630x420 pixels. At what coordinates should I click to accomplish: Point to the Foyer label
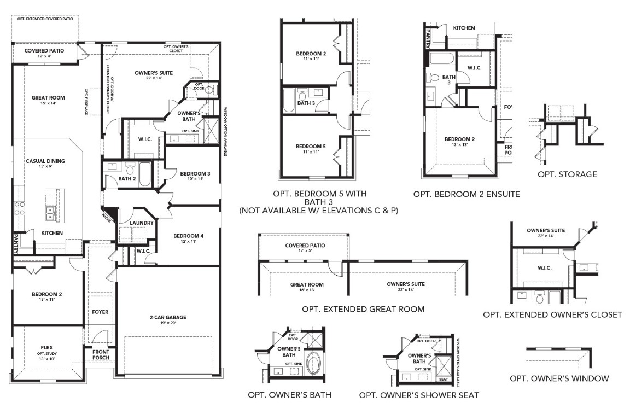(x=100, y=312)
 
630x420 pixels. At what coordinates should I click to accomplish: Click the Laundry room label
(x=141, y=223)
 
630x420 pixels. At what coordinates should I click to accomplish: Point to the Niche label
(x=106, y=217)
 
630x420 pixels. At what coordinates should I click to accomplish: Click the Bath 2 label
(x=127, y=178)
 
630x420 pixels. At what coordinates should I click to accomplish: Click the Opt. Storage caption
(x=567, y=174)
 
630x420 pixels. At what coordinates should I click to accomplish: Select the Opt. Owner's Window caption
(x=559, y=378)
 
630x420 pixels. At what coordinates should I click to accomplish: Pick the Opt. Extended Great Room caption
(x=363, y=309)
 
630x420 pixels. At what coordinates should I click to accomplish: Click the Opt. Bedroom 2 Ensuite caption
(x=466, y=194)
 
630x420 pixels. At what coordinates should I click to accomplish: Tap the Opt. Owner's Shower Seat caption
(x=419, y=395)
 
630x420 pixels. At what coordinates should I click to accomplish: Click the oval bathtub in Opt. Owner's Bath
(x=313, y=363)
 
